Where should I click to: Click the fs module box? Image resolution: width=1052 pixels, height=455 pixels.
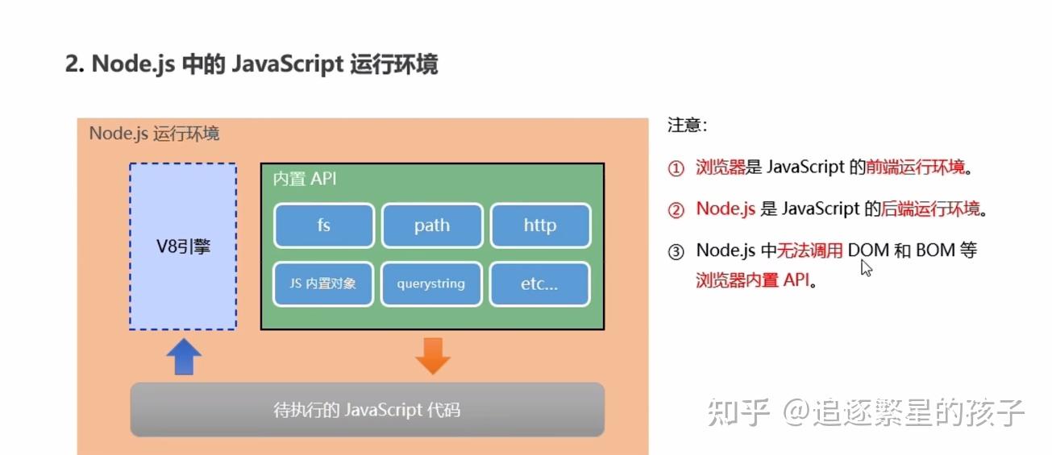tap(323, 225)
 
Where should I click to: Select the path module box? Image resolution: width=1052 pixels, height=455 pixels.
tap(432, 225)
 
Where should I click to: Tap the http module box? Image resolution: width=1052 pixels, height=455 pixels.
tap(540, 225)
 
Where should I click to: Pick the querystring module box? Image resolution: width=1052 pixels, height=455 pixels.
tap(432, 284)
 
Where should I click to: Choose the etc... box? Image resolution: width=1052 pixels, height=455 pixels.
tap(540, 284)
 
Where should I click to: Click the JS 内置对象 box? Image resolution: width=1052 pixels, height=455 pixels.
tap(323, 284)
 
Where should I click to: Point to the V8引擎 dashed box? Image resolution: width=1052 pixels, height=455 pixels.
tap(183, 246)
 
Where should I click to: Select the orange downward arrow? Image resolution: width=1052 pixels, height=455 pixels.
tap(433, 356)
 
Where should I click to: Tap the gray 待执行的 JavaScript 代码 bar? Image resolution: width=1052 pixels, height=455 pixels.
tap(367, 410)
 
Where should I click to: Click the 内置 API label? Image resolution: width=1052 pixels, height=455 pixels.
tap(305, 179)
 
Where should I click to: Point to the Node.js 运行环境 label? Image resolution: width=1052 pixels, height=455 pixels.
tap(154, 133)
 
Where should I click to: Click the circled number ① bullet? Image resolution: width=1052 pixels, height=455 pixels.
tap(676, 168)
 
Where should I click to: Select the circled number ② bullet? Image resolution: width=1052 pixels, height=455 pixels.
tap(676, 210)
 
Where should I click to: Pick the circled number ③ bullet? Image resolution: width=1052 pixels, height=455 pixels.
tap(676, 251)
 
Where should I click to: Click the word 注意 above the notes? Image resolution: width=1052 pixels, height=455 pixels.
tap(686, 126)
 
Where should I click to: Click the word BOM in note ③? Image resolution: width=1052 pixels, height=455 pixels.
tap(935, 250)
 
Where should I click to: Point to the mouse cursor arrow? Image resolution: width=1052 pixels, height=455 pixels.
tap(866, 268)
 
